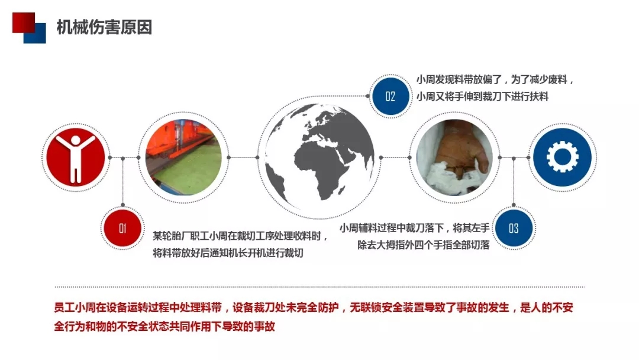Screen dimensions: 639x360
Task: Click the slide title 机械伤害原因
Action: pyautogui.click(x=104, y=27)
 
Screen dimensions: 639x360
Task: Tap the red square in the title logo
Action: pyautogui.click(x=23, y=22)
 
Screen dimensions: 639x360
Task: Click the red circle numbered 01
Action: pyautogui.click(x=122, y=228)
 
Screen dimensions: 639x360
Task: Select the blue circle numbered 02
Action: pyautogui.click(x=390, y=97)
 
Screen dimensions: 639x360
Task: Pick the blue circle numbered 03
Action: pyautogui.click(x=514, y=229)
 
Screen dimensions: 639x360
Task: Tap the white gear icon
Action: pyautogui.click(x=563, y=157)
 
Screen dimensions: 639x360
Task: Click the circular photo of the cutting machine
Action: pyautogui.click(x=183, y=157)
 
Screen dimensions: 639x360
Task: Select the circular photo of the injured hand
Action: pyautogui.click(x=454, y=157)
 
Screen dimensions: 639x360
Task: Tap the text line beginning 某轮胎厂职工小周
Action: pyautogui.click(x=240, y=236)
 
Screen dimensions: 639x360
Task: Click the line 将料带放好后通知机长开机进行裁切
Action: pyautogui.click(x=228, y=253)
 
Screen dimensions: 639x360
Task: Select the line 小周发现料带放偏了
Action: pyautogui.click(x=495, y=79)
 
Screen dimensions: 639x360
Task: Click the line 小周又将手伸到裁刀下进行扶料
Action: pyautogui.click(x=483, y=97)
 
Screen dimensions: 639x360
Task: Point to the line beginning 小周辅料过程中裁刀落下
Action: pyautogui.click(x=414, y=228)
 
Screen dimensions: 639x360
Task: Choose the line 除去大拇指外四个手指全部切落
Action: pyautogui.click(x=424, y=245)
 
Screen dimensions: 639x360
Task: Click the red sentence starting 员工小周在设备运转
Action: pyautogui.click(x=314, y=307)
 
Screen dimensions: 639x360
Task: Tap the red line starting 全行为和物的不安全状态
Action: pyautogui.click(x=164, y=326)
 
